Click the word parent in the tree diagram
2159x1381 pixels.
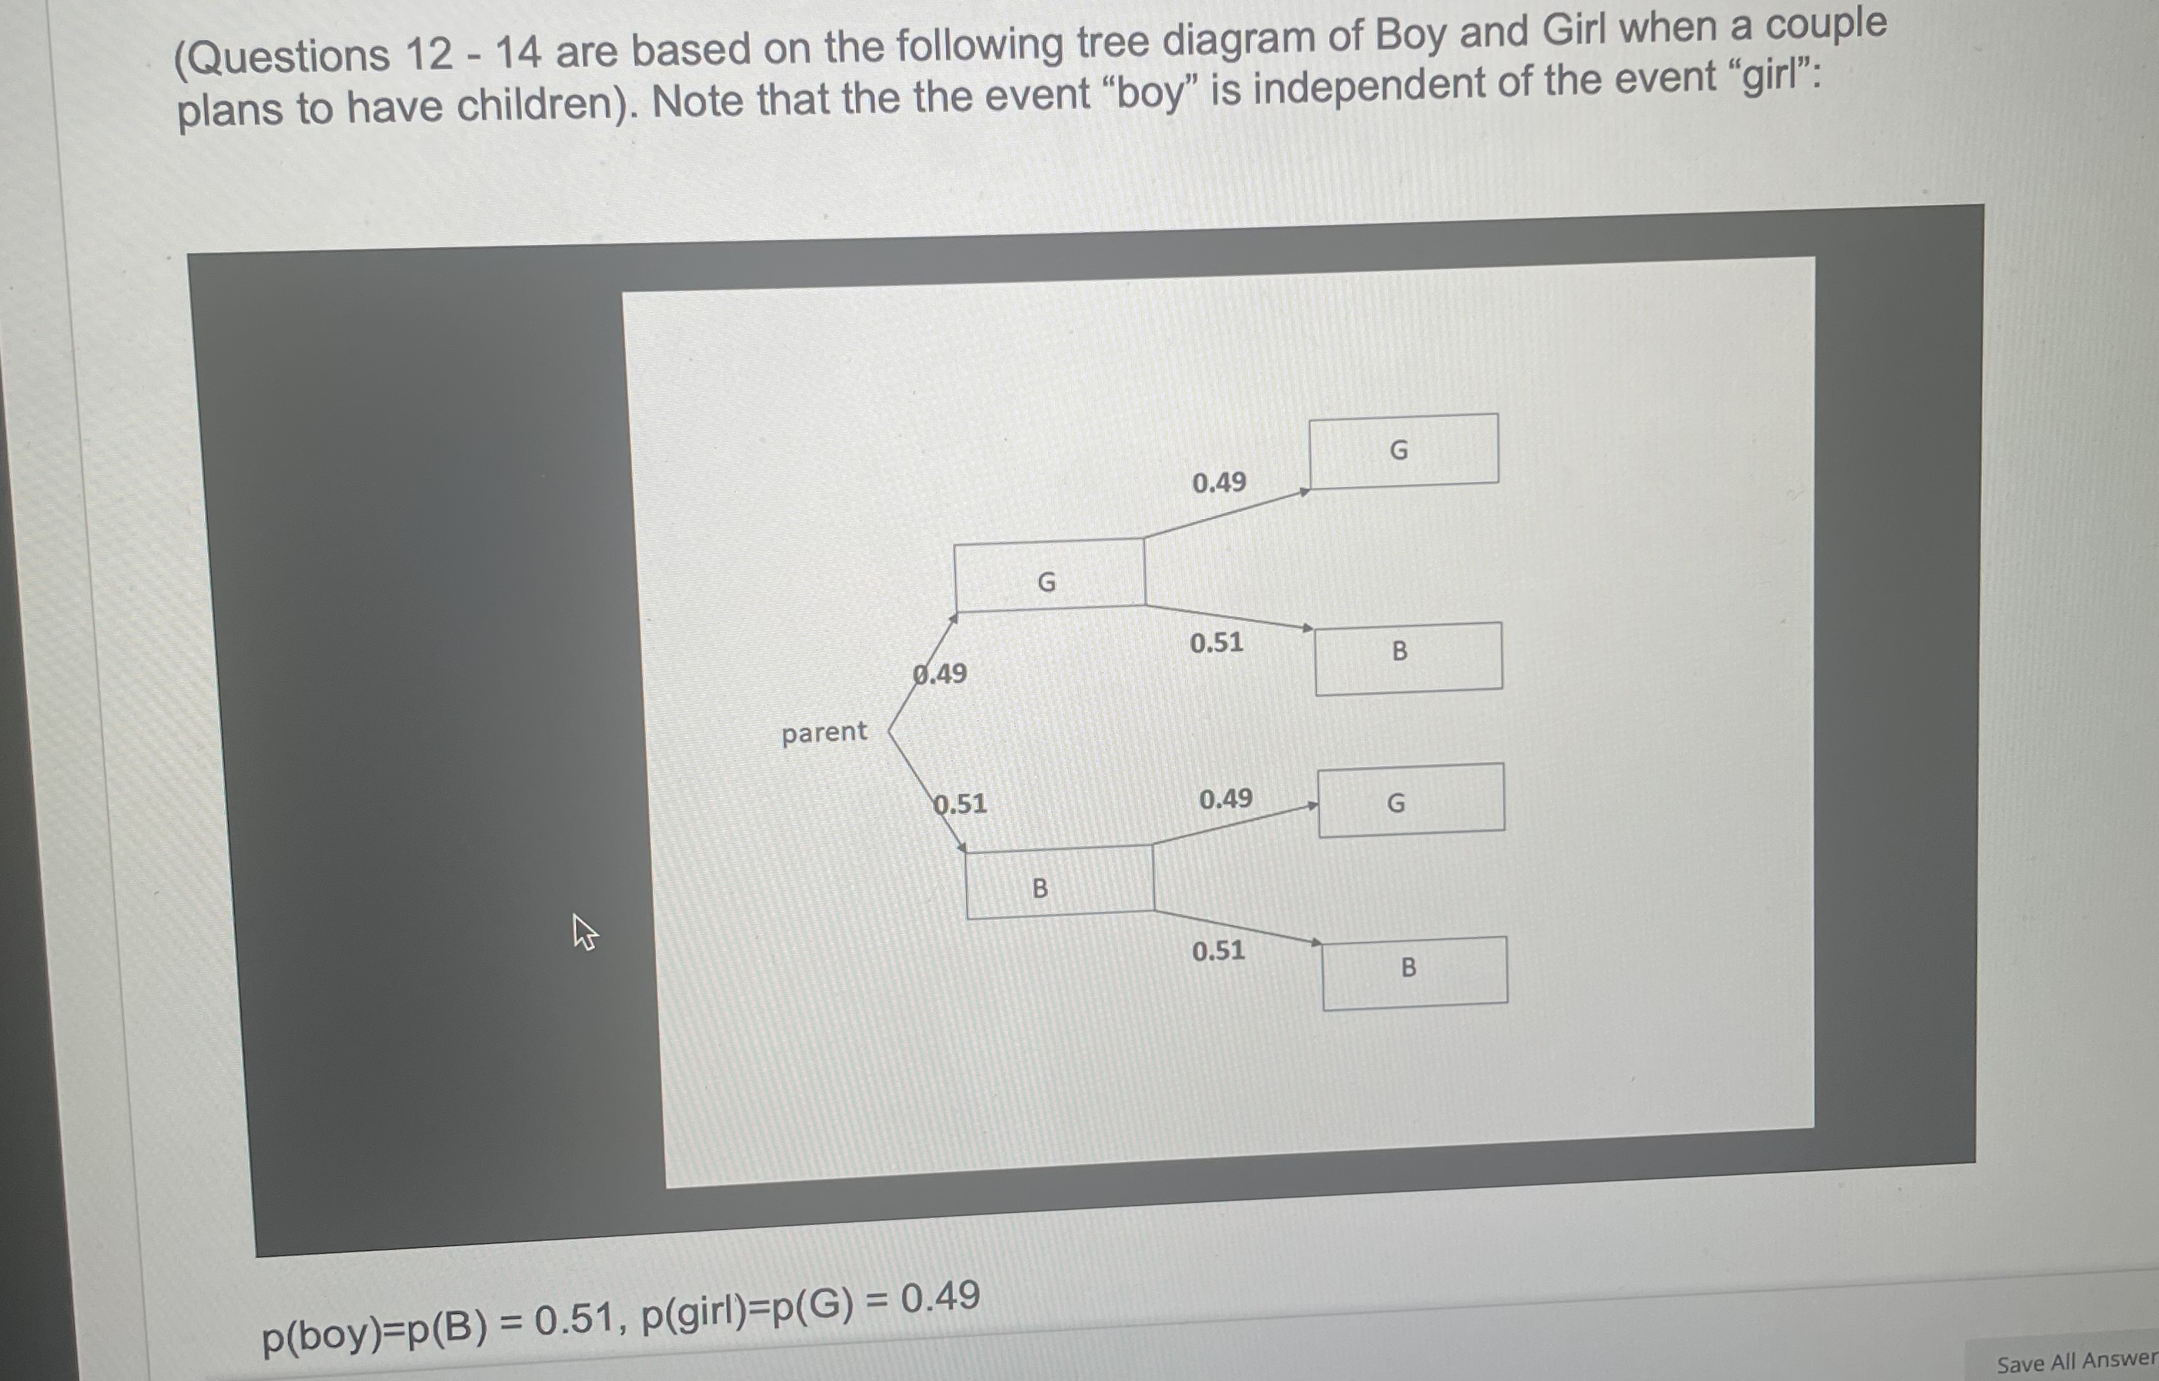824,733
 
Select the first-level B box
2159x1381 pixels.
1059,883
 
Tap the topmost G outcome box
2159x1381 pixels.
1403,450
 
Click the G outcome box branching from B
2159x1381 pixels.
1410,800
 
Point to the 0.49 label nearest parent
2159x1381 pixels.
940,673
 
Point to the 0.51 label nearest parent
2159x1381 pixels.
960,803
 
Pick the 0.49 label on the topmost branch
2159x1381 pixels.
1219,483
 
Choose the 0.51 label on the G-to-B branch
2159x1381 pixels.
1217,643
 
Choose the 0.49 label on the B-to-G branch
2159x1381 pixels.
1226,798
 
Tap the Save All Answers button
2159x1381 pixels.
2075,1363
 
